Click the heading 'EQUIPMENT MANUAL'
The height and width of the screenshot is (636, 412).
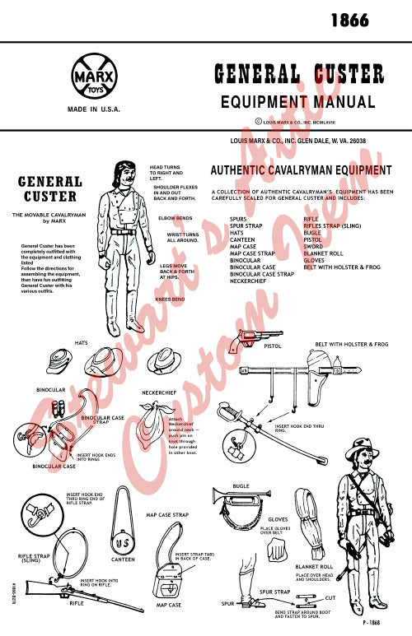pos(298,102)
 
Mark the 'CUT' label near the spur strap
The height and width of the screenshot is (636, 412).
pos(330,597)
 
